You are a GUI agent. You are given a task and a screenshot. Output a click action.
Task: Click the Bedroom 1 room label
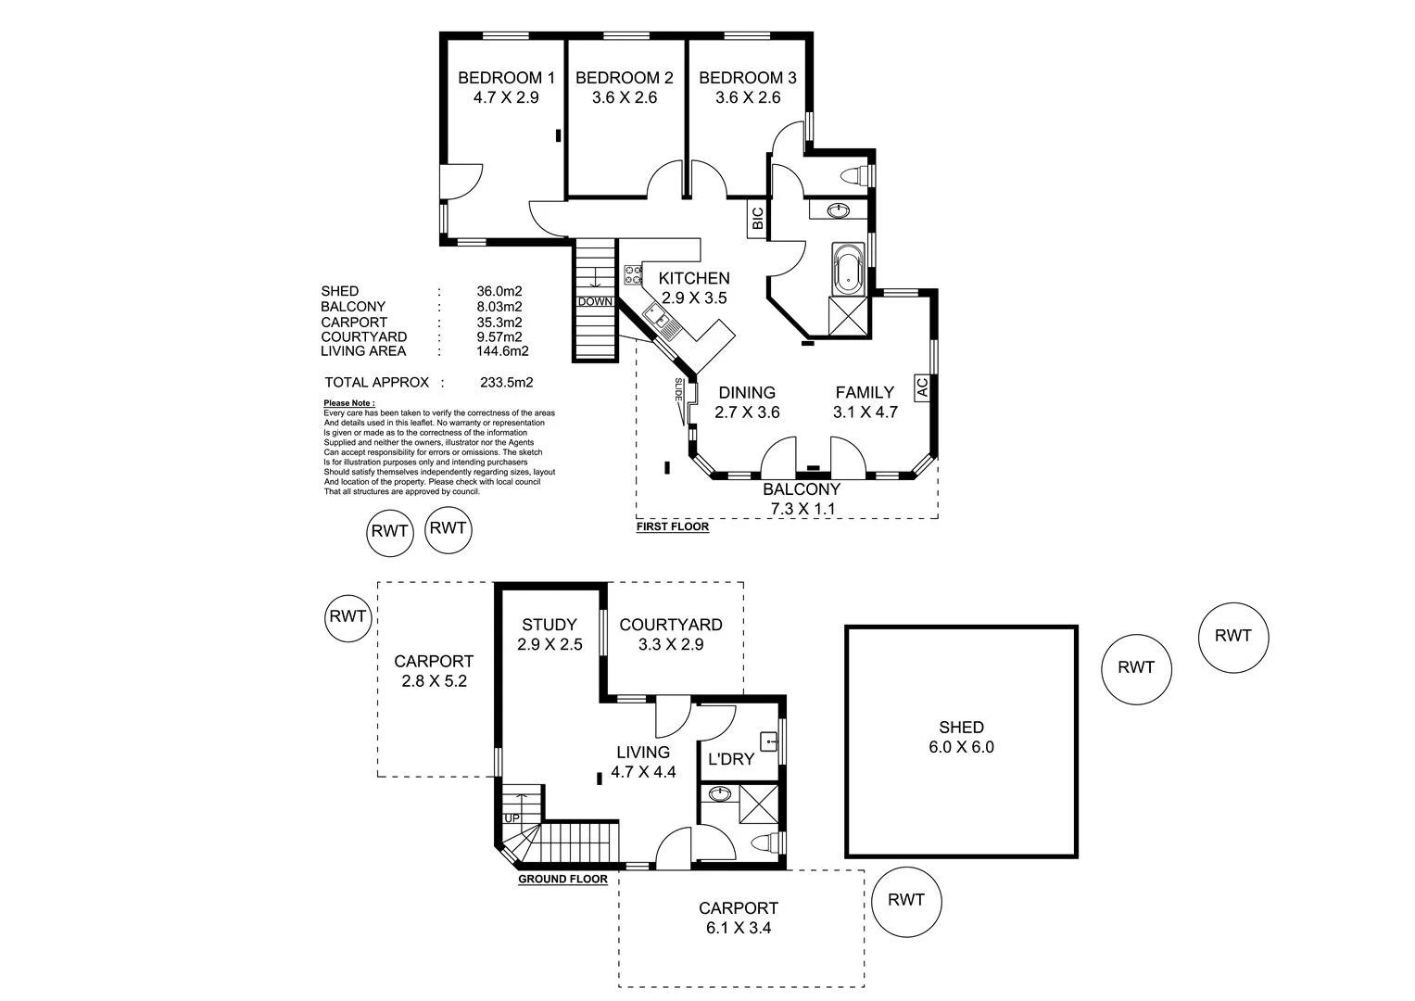[506, 78]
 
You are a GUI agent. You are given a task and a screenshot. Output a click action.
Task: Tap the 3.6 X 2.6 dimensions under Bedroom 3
[748, 97]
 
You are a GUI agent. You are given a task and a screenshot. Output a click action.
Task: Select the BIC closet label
[757, 219]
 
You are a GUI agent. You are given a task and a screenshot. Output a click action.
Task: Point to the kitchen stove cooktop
[634, 273]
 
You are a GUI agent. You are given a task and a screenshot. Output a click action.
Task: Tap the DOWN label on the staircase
[594, 302]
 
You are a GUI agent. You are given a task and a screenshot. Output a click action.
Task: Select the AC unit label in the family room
[921, 387]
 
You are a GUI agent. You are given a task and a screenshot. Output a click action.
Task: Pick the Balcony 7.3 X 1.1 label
[802, 499]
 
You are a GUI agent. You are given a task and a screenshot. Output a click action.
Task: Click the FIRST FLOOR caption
[673, 527]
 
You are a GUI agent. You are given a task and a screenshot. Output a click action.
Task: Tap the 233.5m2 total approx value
[506, 382]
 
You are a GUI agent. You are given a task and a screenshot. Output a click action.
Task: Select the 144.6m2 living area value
[502, 351]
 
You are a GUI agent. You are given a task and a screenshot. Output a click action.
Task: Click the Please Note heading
[349, 403]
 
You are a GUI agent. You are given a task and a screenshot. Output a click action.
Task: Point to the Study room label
[549, 625]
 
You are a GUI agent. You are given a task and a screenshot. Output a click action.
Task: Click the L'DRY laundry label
[730, 759]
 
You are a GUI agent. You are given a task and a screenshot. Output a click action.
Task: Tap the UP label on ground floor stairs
[512, 818]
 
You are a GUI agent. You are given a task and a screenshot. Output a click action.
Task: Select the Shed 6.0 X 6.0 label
[961, 737]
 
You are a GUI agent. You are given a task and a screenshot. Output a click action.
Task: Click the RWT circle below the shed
[906, 899]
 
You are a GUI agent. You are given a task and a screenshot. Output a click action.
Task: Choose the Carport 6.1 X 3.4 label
[739, 917]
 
